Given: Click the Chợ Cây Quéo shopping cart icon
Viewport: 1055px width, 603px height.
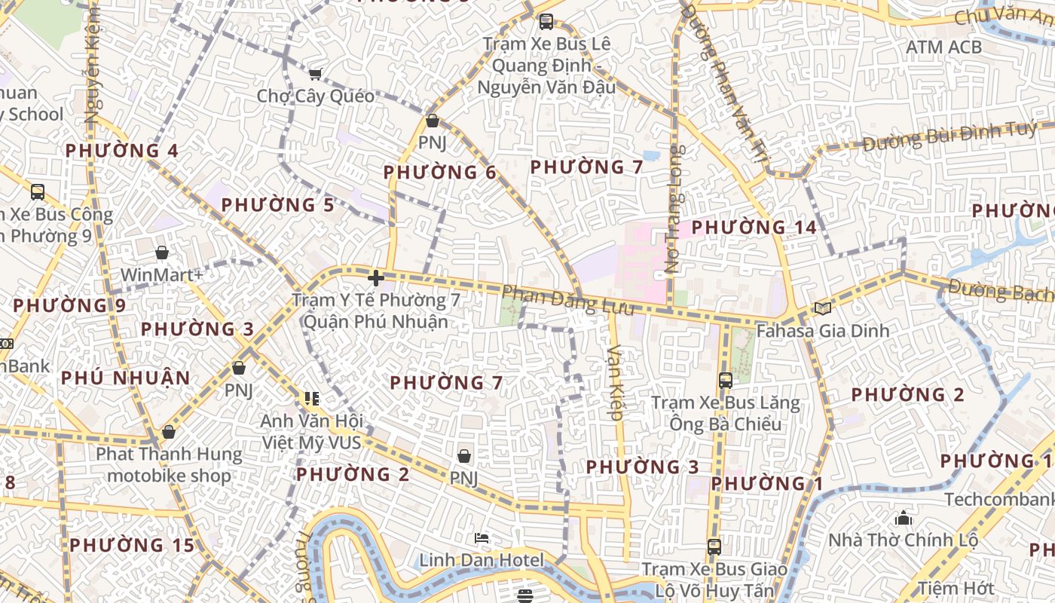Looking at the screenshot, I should [315, 73].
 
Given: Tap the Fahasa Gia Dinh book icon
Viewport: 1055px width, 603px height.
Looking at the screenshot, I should [822, 308].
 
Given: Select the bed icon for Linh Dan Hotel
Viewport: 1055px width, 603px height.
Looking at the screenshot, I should [482, 538].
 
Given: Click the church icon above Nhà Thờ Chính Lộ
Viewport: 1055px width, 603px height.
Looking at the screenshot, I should [903, 518].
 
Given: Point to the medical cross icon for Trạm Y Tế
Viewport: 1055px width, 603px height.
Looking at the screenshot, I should [375, 277].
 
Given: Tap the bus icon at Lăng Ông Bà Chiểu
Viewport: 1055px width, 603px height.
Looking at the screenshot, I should [726, 380].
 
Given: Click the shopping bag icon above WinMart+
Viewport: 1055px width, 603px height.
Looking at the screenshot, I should [161, 252].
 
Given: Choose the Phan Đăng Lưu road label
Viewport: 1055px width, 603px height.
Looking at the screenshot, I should [568, 300].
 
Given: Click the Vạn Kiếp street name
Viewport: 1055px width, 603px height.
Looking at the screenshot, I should [616, 382].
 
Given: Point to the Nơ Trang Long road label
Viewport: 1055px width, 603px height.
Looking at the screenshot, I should [673, 208].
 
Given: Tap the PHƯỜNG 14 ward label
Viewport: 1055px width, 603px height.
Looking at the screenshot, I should [754, 227].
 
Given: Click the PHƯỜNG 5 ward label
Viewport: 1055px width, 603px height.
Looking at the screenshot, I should [277, 205].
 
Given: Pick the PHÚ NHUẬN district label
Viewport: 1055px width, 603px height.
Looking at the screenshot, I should [126, 378].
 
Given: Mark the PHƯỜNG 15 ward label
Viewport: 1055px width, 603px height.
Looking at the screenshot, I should [132, 545].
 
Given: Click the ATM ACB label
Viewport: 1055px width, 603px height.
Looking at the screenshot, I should [943, 47].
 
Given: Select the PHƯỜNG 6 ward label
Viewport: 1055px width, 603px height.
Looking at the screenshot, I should [439, 173].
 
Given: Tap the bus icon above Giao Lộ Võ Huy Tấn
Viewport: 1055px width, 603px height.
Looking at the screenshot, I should [714, 546].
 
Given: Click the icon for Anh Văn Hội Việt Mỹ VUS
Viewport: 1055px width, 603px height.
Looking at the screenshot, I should [311, 398].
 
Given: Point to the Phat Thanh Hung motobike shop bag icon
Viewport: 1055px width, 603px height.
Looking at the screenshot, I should [168, 432].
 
